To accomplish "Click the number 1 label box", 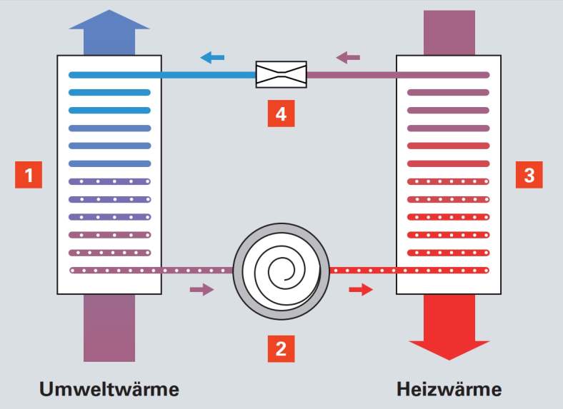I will [28, 175].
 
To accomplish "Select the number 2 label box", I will [281, 349].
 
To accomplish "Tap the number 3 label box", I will [529, 175].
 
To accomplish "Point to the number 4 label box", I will [281, 114].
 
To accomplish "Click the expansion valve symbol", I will [281, 74].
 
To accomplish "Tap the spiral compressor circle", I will [281, 271].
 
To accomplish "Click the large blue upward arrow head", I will [109, 21].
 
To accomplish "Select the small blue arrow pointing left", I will [212, 57].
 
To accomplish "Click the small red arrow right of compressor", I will [362, 289].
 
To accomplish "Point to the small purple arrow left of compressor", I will [201, 289].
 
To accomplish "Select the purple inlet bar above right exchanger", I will [449, 32].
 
